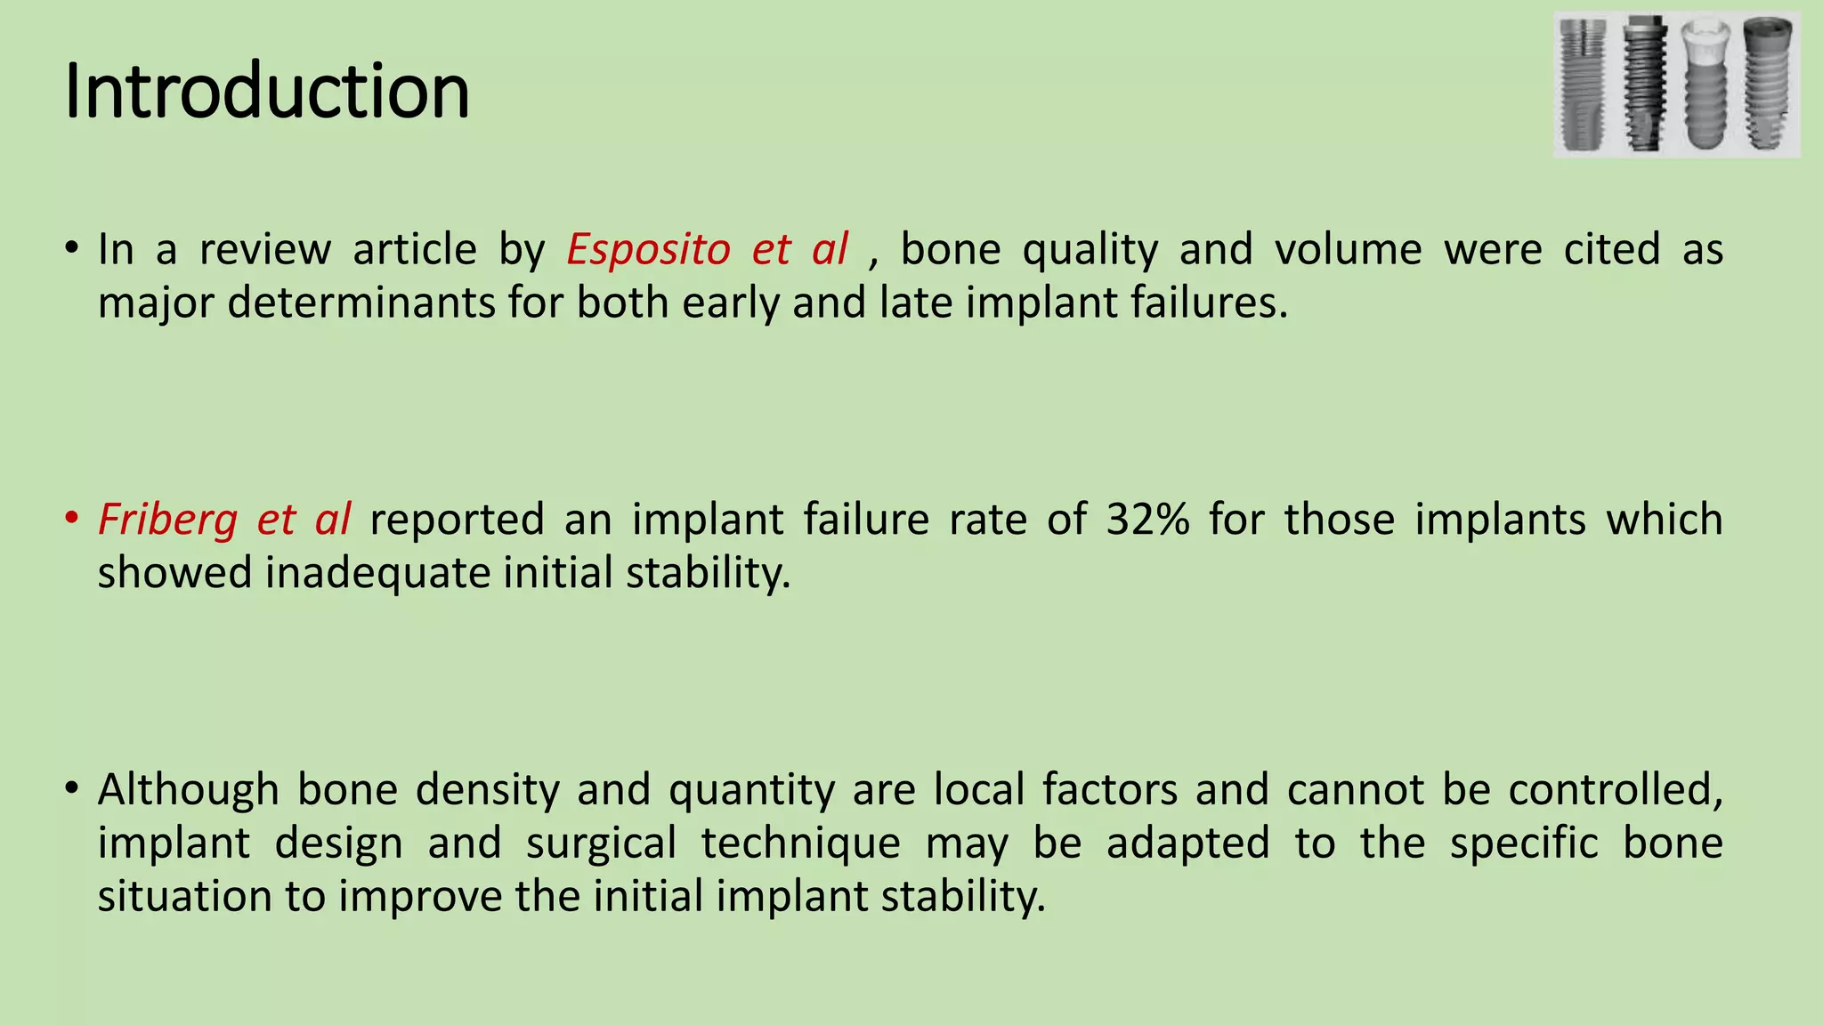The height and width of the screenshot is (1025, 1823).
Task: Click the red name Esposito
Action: pyautogui.click(x=648, y=249)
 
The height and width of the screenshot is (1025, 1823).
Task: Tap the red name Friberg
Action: pyautogui.click(x=167, y=520)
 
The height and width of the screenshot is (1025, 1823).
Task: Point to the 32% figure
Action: pyautogui.click(x=1147, y=520)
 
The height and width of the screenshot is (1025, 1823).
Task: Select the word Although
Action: pyautogui.click(x=188, y=789)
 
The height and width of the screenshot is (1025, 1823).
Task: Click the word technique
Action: pyautogui.click(x=800, y=843)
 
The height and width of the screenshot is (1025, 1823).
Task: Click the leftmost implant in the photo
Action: pyautogui.click(x=1584, y=85)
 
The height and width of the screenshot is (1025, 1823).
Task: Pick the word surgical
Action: pyautogui.click(x=601, y=843)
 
